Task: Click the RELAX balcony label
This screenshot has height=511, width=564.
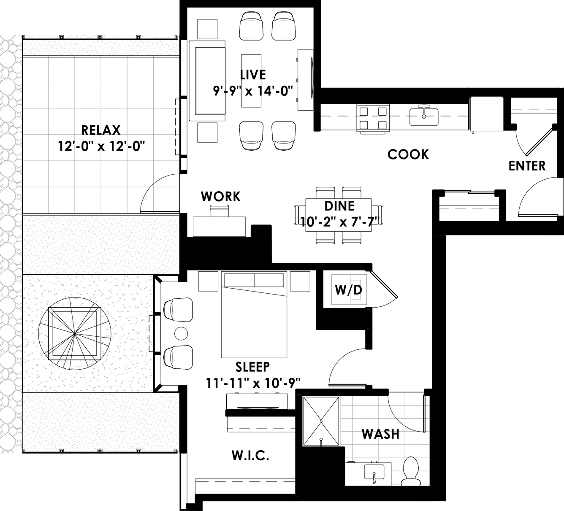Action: point(100,130)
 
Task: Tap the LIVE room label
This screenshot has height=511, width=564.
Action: point(253,75)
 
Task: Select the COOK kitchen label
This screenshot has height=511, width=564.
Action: point(408,154)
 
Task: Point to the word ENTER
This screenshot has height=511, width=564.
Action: point(527,166)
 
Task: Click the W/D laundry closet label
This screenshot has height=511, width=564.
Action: point(348,290)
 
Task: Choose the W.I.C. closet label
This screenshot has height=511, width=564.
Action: point(250,455)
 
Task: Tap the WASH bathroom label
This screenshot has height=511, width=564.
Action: point(380,434)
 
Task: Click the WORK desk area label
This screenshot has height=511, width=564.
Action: point(220,197)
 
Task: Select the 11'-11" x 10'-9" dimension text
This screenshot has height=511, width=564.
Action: point(253,383)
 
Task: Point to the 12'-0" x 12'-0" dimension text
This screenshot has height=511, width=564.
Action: point(101,146)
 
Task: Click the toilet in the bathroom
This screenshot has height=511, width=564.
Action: point(411,471)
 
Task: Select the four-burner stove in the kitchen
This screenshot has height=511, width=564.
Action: point(373,118)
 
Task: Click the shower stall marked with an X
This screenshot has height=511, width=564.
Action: point(321,421)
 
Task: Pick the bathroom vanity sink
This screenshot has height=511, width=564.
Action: point(374,472)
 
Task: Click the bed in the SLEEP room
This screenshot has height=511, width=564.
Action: point(254,314)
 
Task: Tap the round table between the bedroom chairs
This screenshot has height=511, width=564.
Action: point(181,334)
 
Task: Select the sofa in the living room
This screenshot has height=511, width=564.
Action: point(208,81)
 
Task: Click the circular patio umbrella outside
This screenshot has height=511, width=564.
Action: point(74,334)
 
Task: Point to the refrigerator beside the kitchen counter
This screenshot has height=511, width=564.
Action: point(486,114)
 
